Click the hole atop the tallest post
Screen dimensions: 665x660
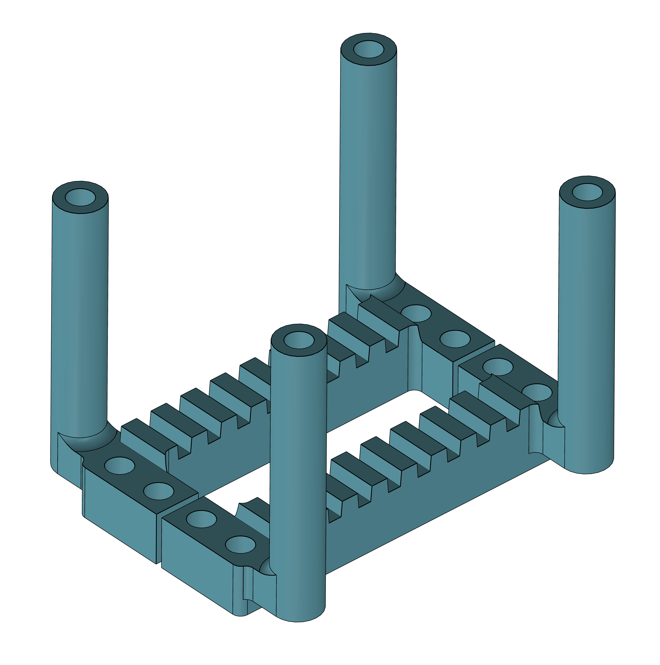click(x=368, y=49)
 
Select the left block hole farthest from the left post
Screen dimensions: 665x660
click(x=158, y=491)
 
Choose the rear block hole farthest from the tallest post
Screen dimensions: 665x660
click(x=455, y=339)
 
